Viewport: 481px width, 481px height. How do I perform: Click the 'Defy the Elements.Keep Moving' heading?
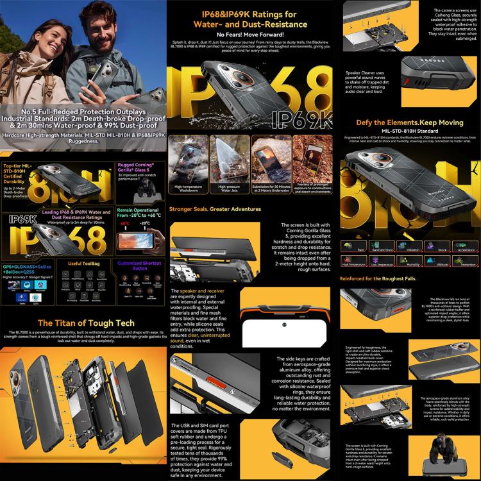coord(409,122)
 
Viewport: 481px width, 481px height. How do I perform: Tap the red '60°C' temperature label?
coord(124,224)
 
